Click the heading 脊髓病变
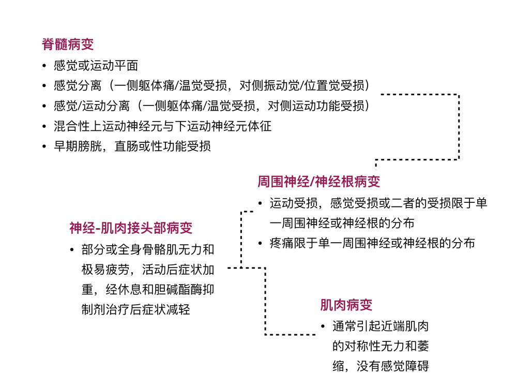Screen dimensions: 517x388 [x=68, y=44]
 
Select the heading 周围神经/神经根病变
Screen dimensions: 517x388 [x=319, y=182]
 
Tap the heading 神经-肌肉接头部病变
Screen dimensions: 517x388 [x=131, y=228]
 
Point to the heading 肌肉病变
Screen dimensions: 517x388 [x=346, y=305]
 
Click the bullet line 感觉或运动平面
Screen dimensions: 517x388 [x=96, y=66]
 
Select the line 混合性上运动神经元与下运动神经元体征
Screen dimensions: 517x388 [x=162, y=126]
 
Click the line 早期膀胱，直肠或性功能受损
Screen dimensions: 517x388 [x=132, y=146]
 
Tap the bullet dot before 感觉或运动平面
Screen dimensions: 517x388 [x=44, y=66]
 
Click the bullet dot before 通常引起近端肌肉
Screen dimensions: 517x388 [x=323, y=326]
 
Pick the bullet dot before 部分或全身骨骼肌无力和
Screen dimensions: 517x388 [x=72, y=250]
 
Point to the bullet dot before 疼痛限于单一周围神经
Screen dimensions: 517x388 [x=260, y=244]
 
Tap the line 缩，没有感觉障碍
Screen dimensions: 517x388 [x=381, y=366]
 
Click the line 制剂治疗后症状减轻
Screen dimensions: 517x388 [x=136, y=310]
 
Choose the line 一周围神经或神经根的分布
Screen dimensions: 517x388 [x=342, y=223]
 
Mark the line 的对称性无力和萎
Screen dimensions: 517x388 [x=381, y=346]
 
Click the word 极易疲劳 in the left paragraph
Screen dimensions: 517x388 [x=105, y=270]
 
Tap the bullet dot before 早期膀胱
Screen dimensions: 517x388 [x=44, y=146]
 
